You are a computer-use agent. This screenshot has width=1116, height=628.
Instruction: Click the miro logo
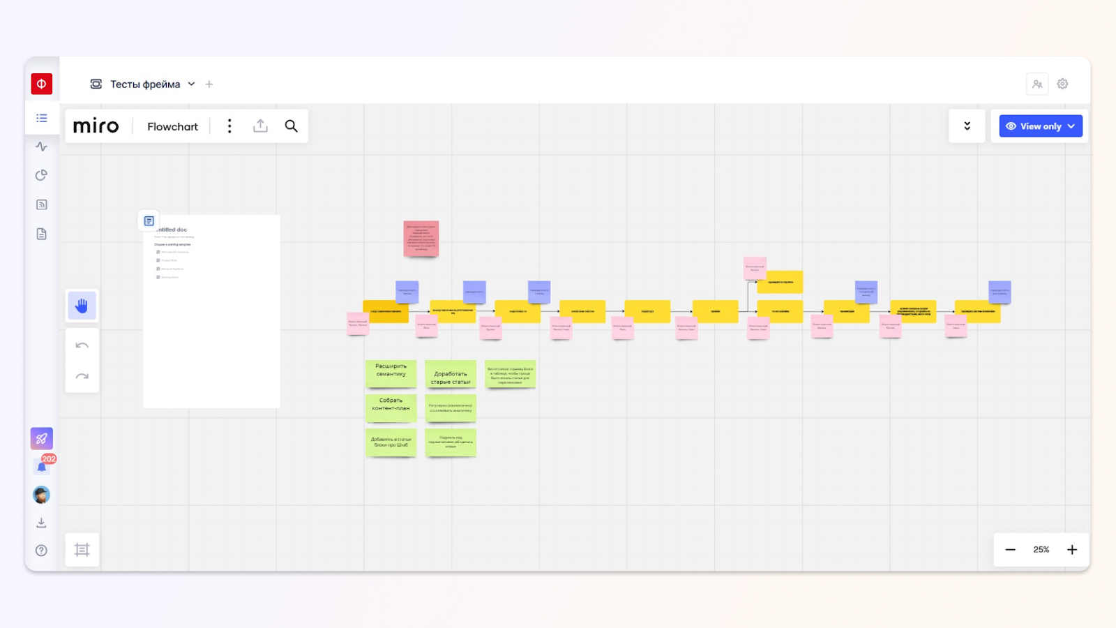(96, 126)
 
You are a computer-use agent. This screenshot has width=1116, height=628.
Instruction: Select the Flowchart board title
(172, 126)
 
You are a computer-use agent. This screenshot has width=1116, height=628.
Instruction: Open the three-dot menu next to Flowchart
(229, 126)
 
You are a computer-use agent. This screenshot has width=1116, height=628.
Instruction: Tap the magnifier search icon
(291, 126)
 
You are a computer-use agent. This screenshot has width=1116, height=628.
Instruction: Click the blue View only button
(1040, 126)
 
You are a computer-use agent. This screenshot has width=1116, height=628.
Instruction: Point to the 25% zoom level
(1041, 550)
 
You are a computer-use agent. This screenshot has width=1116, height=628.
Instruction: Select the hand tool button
(82, 306)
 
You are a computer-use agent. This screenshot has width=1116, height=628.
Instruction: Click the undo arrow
(82, 345)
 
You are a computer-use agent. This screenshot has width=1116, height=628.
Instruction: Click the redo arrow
(82, 377)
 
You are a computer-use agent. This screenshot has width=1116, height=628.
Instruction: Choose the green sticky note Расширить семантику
(391, 373)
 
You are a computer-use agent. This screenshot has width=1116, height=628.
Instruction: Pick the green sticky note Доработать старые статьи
(451, 374)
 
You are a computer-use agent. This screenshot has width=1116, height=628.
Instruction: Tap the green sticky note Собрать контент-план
(391, 408)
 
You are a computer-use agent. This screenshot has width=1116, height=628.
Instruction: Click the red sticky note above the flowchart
(421, 238)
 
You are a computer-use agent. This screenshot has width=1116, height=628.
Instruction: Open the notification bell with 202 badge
(42, 466)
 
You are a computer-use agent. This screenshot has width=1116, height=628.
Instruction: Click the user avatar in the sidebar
(42, 495)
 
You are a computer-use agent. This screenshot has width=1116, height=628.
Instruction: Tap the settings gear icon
(1062, 84)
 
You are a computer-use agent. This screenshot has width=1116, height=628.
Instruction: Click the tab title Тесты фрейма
(145, 84)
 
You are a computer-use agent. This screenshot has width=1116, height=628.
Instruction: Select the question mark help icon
(42, 551)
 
